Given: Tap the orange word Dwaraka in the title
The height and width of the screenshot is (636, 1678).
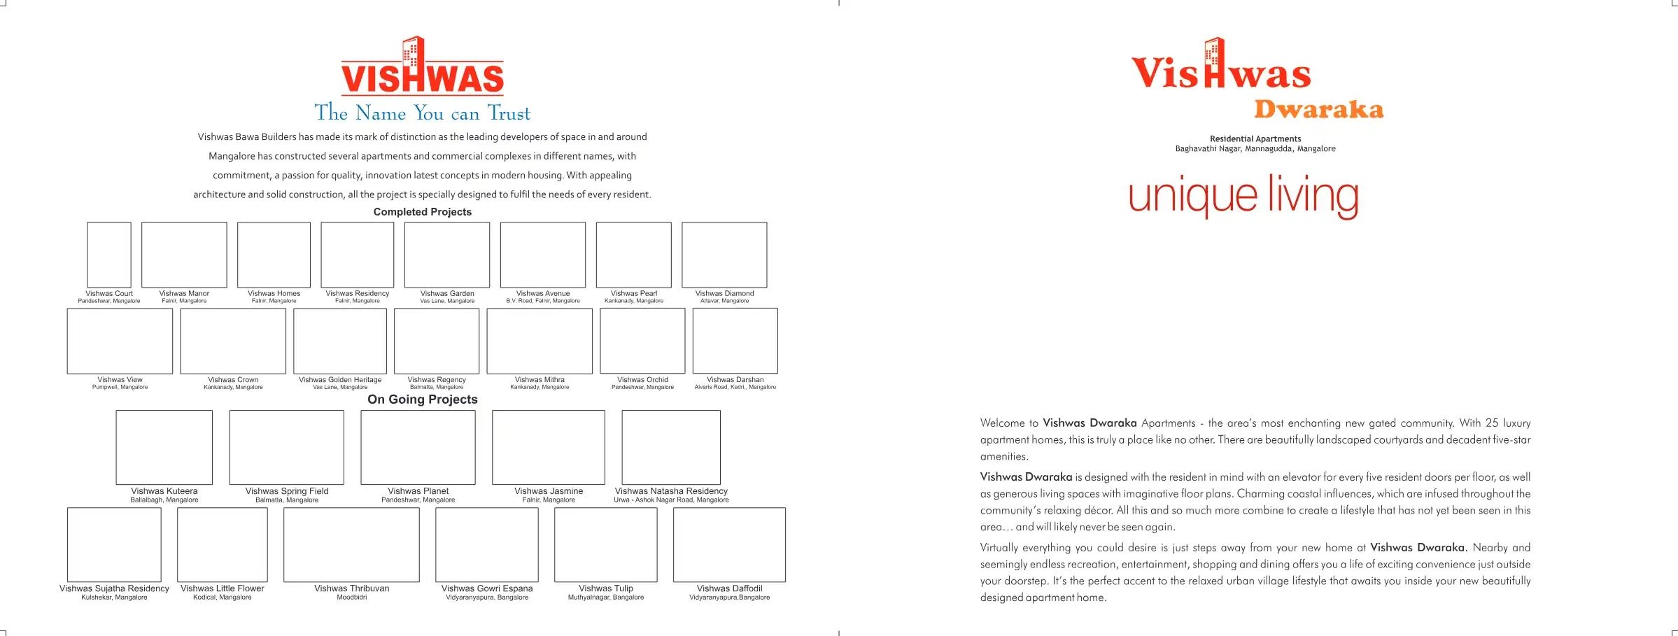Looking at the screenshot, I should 1318,110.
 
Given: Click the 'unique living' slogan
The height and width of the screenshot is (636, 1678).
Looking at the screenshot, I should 1243,195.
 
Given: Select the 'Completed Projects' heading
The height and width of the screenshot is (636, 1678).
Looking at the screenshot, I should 422,212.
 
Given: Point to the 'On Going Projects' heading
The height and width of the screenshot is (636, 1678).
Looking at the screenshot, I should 422,400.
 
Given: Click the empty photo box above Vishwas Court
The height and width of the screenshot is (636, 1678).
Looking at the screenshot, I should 109,255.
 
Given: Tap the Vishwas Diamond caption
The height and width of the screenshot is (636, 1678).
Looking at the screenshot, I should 724,294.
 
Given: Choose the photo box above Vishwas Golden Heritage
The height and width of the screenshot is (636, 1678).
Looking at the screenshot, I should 340,341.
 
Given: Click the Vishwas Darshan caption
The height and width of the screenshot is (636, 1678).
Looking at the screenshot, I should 735,380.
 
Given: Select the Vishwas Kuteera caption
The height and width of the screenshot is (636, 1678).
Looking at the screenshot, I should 164,491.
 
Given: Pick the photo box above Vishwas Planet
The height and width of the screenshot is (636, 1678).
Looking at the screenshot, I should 418,447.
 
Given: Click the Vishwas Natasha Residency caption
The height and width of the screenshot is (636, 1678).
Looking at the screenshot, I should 671,491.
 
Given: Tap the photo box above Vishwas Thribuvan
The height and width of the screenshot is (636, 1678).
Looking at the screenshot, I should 351,544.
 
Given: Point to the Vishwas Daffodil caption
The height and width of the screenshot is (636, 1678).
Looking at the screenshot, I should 729,588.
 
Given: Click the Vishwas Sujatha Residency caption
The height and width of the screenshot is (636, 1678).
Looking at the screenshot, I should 114,588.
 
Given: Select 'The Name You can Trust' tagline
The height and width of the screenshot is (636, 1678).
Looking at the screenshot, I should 422,113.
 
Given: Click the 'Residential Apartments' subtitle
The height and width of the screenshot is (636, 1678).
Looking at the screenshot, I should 1255,139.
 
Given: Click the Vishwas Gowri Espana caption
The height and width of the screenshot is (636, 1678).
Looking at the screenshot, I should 487,588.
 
